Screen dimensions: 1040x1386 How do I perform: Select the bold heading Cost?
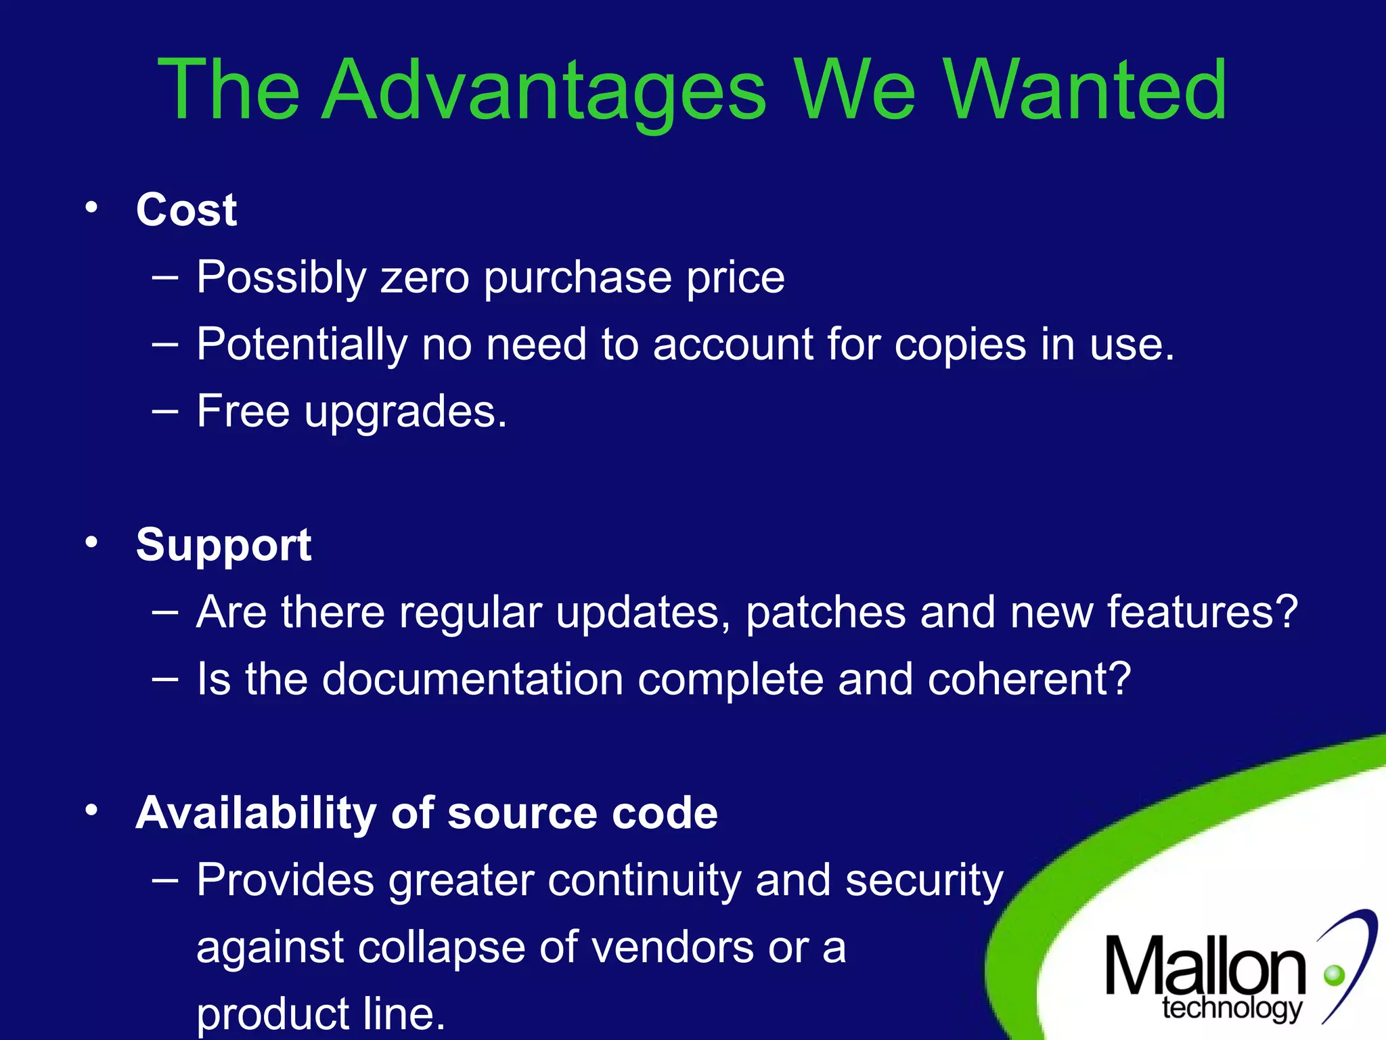point(186,210)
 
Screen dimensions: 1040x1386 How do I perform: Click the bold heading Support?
point(223,545)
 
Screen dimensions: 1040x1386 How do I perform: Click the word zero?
point(425,278)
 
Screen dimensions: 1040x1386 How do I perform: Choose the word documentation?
point(472,679)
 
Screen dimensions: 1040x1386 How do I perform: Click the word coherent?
point(1029,679)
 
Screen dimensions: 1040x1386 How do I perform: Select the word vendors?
point(673,947)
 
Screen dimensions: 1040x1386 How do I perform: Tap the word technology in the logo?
point(1232,1008)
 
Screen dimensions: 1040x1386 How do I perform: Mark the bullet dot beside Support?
point(92,542)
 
